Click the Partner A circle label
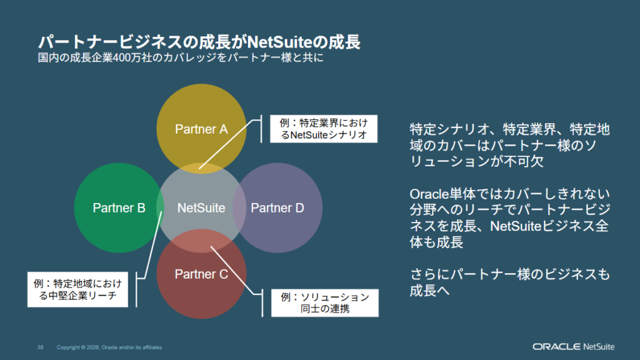tap(201, 129)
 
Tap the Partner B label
tap(119, 208)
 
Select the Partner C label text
tap(201, 274)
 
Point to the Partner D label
tap(277, 208)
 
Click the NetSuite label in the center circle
tap(201, 208)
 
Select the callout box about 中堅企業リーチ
tap(77, 289)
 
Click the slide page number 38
tap(40, 347)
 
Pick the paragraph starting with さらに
tap(509, 282)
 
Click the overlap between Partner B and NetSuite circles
tap(161, 208)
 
